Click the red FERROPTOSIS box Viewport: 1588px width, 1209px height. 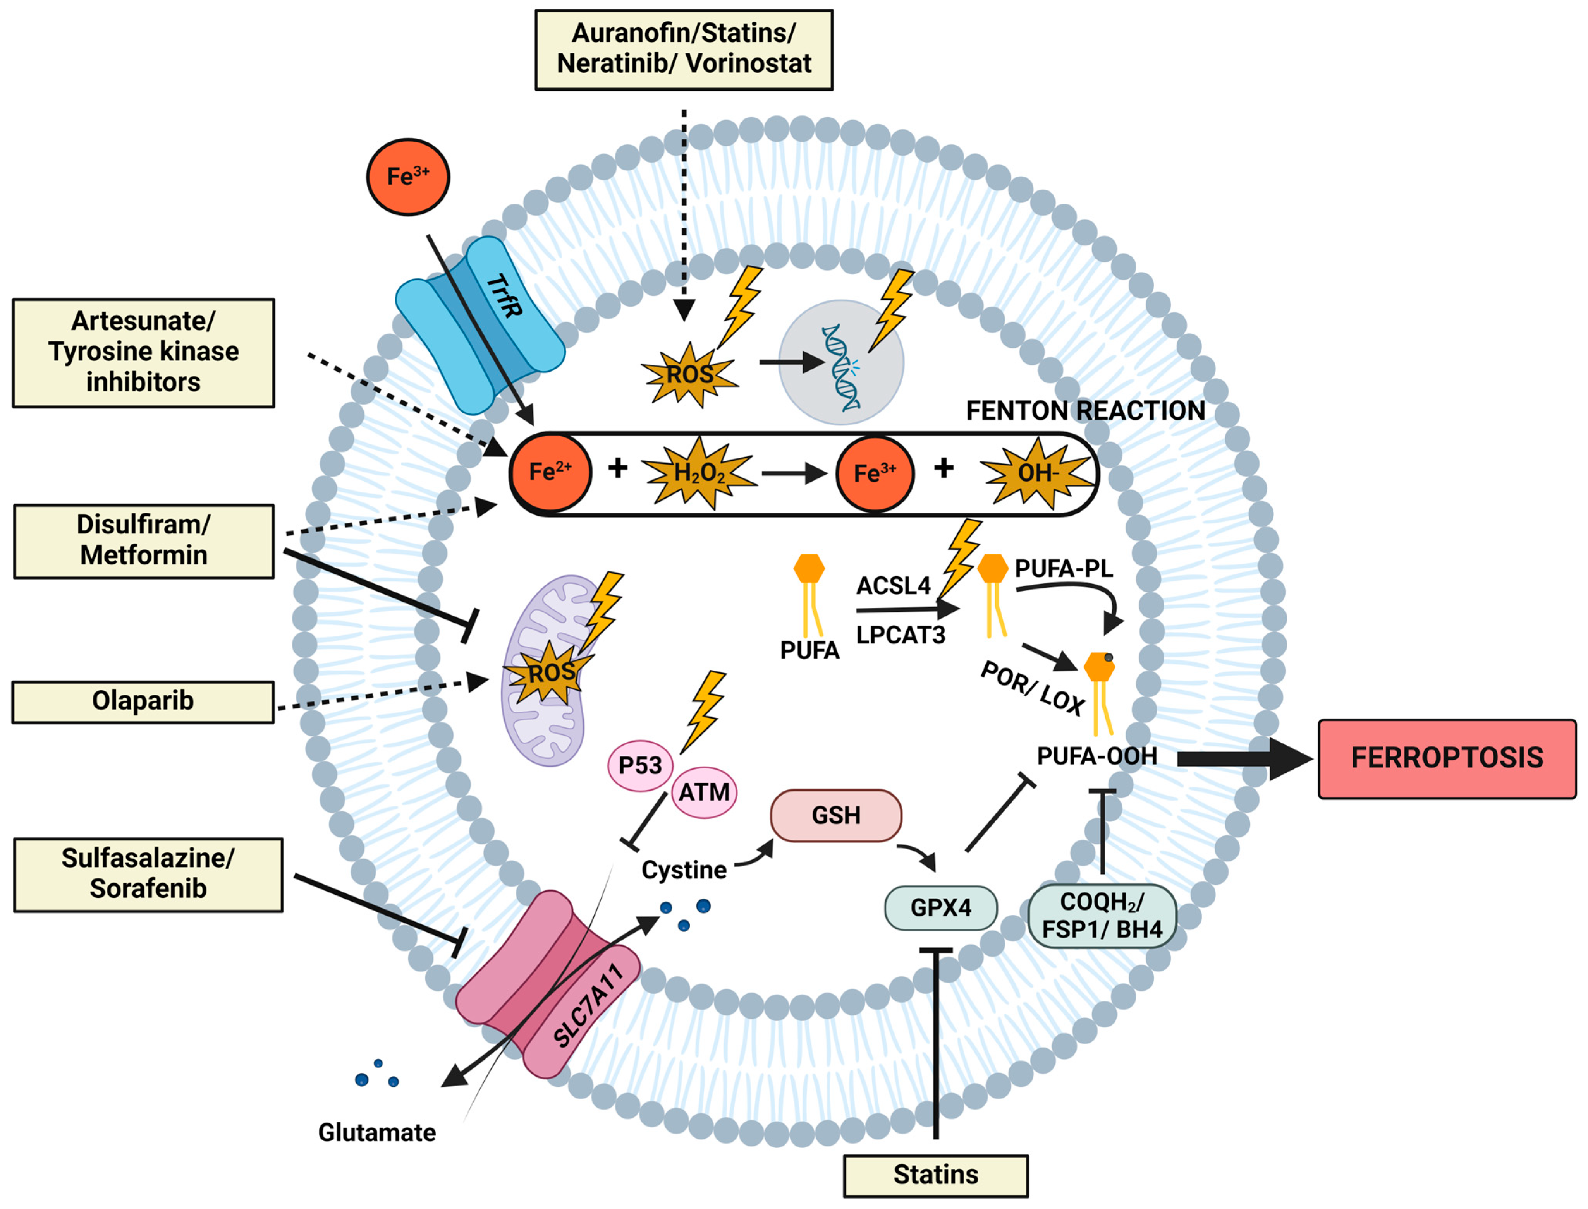[1447, 758]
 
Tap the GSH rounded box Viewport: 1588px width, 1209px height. [836, 815]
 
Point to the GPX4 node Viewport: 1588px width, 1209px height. [940, 907]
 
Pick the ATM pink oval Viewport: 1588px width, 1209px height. [704, 792]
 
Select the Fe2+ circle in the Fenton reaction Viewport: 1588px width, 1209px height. [551, 473]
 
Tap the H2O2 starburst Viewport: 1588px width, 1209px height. [699, 473]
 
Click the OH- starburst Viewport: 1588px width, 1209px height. [1036, 473]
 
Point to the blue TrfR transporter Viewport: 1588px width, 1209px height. [480, 325]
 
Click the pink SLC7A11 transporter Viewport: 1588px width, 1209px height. [548, 984]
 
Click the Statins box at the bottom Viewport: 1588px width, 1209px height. [936, 1175]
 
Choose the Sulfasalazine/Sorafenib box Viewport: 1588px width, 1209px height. [148, 875]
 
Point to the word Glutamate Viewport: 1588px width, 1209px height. [377, 1133]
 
